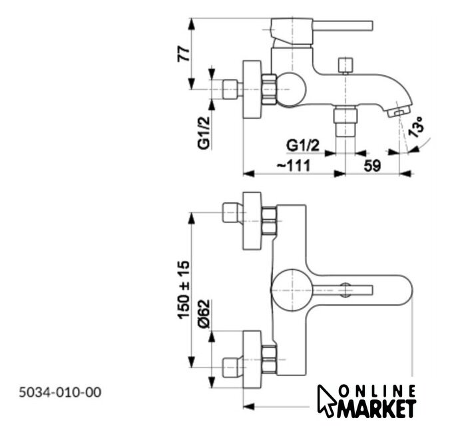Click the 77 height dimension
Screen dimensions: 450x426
point(184,54)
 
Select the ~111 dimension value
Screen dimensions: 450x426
point(294,166)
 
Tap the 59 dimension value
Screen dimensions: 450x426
point(372,166)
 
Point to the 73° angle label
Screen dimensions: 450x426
point(416,127)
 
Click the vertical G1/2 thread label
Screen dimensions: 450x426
point(204,133)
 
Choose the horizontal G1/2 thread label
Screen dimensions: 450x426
point(303,146)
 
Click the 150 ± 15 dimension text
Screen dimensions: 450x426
point(184,290)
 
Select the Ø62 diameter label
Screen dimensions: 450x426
point(204,314)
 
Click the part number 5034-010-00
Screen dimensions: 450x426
point(60,393)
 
